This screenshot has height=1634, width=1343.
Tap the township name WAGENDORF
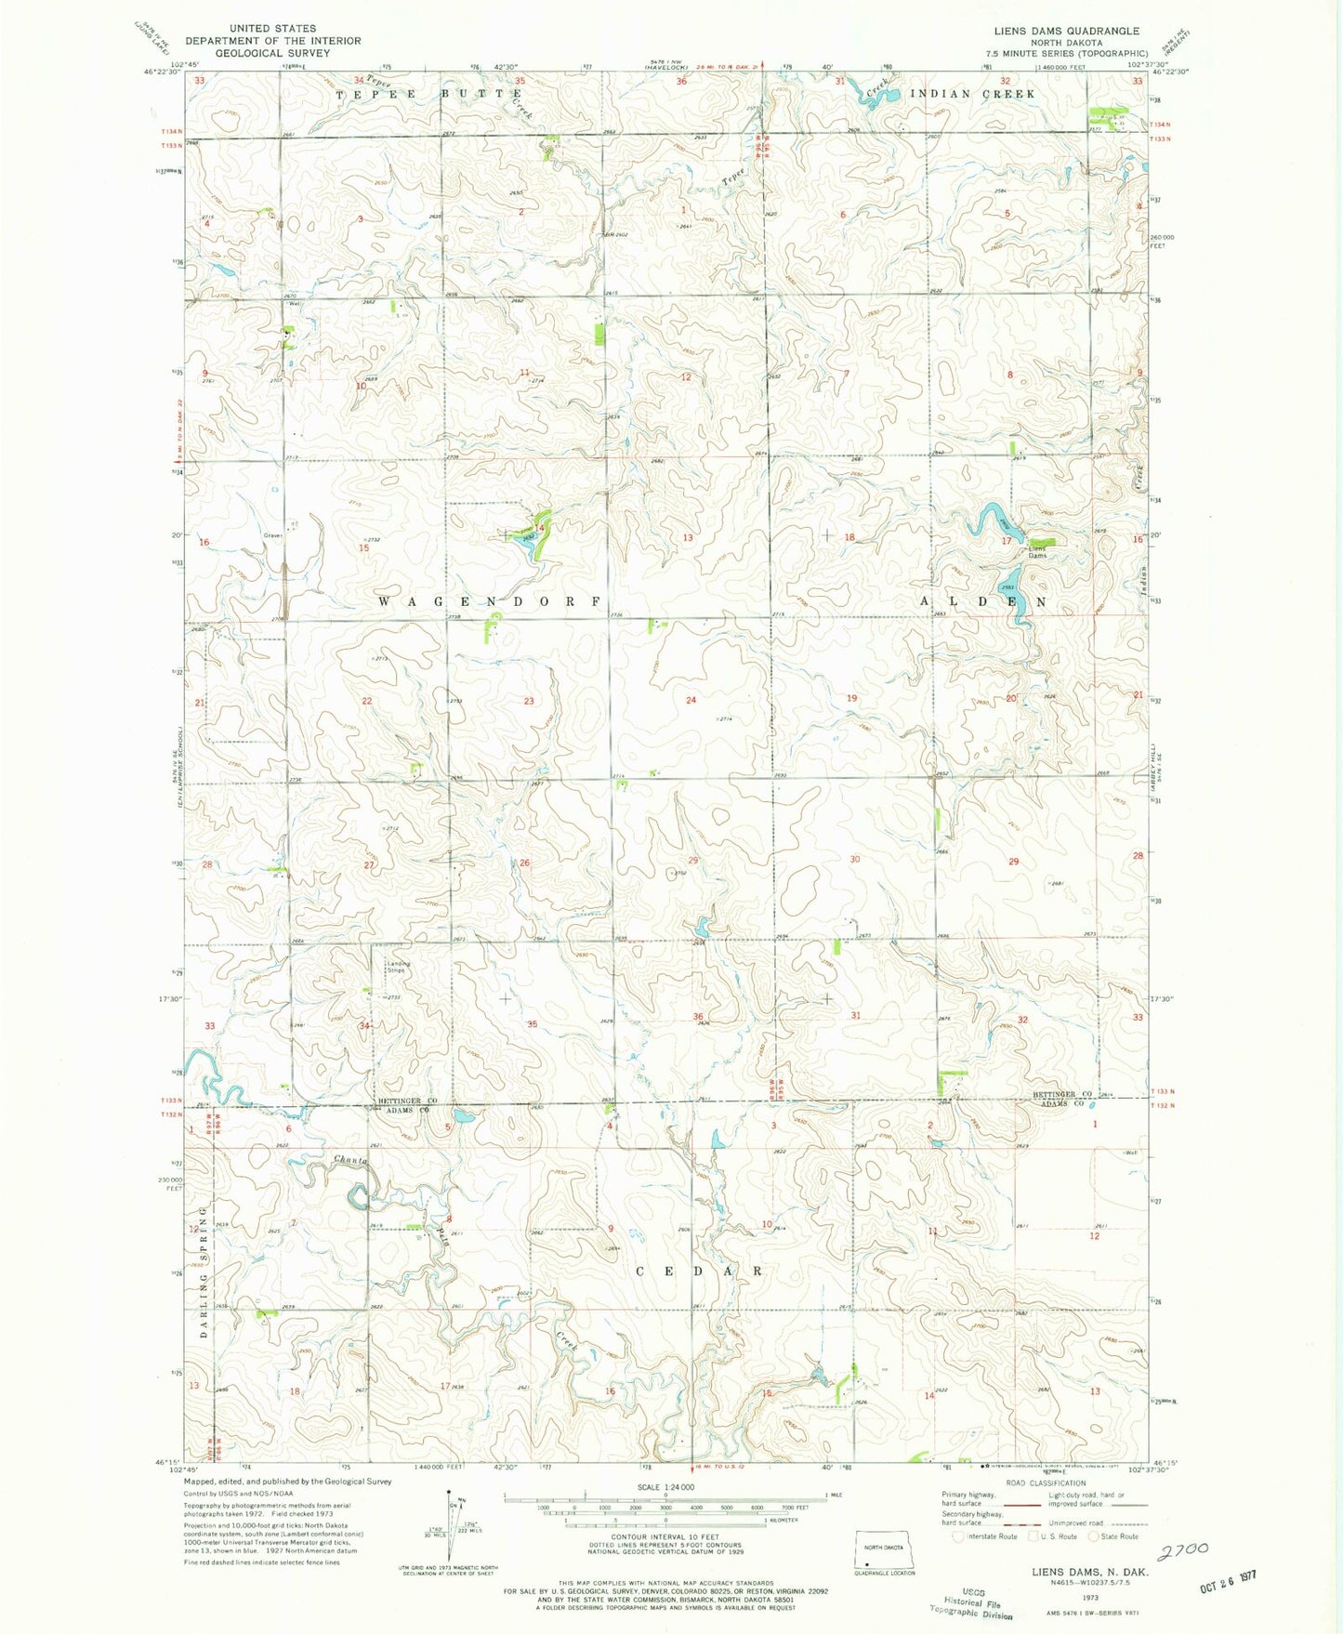click(x=491, y=601)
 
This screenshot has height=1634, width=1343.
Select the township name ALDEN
click(x=983, y=602)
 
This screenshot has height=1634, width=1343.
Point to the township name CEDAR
click(x=701, y=1270)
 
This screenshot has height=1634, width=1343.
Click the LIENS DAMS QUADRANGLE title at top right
click(x=1066, y=31)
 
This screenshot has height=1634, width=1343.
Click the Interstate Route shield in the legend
click(x=958, y=1536)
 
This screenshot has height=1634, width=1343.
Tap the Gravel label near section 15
click(x=272, y=535)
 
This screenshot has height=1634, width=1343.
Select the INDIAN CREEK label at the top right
click(x=972, y=94)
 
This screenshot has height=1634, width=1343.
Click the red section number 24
click(x=691, y=700)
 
